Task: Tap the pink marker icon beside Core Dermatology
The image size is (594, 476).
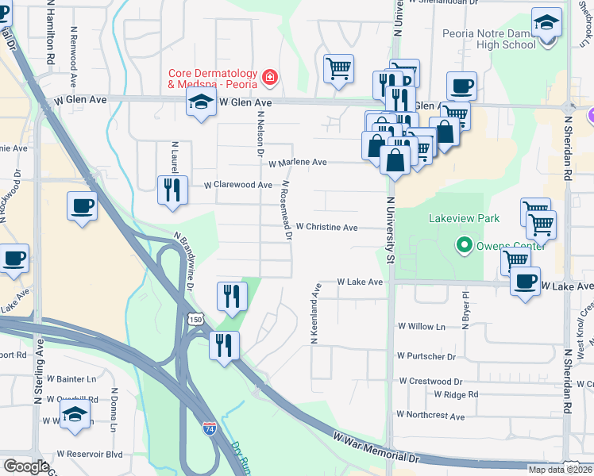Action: coord(271,77)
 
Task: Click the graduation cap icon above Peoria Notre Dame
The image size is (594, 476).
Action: coord(546,21)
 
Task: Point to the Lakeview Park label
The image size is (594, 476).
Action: coord(464,217)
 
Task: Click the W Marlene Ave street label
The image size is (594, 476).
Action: coord(298,163)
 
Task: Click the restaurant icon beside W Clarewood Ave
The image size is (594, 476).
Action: coord(172,190)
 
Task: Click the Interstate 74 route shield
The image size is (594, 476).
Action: coord(209,428)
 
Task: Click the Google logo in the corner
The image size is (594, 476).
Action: coord(25,466)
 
